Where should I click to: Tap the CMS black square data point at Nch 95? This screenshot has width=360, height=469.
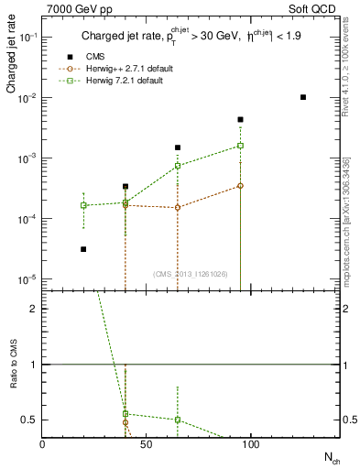pos(240,119)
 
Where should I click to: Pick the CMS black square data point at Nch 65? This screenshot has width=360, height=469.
pos(178,147)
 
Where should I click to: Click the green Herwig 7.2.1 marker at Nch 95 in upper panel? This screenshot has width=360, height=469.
pos(240,146)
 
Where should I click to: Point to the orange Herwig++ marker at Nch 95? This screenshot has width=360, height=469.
pos(240,186)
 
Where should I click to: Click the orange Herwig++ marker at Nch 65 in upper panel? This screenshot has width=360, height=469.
pos(178,207)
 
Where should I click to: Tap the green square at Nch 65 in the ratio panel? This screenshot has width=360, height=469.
pos(178,420)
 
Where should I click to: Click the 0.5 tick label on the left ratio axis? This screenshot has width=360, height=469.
pos(29,420)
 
